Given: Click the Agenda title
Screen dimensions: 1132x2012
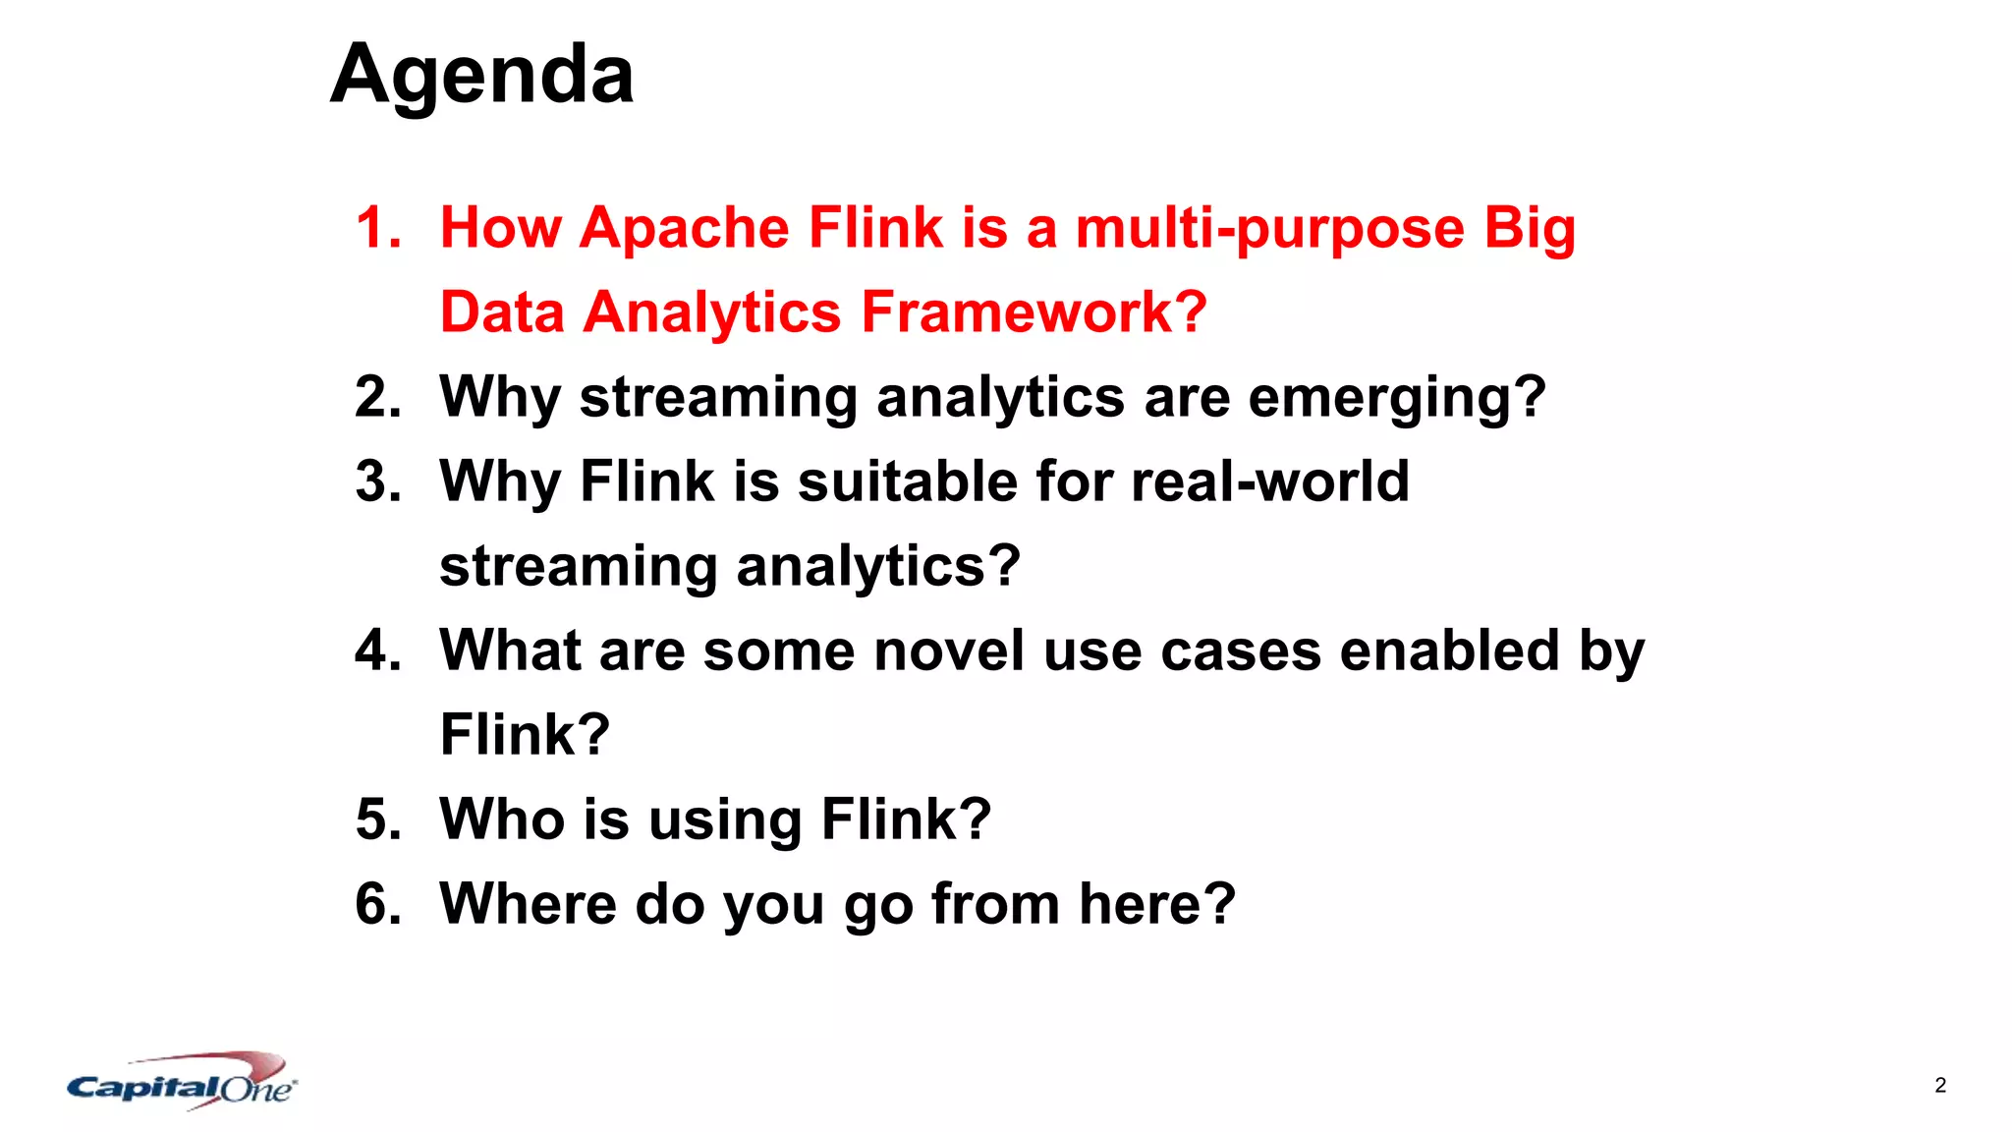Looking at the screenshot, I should coord(481,75).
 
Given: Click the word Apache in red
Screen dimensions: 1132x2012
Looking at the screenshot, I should coord(685,228).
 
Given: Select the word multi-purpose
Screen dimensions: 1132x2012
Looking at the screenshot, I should coord(1270,228).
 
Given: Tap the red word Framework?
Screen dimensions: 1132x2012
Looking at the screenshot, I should coord(1033,312).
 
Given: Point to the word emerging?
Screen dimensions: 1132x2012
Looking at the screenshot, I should coord(1397,398).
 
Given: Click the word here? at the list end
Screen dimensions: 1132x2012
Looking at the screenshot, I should coord(1157,904).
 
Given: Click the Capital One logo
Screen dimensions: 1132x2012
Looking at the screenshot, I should coord(182,1083).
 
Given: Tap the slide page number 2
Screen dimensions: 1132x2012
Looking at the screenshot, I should coord(1940,1085).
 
